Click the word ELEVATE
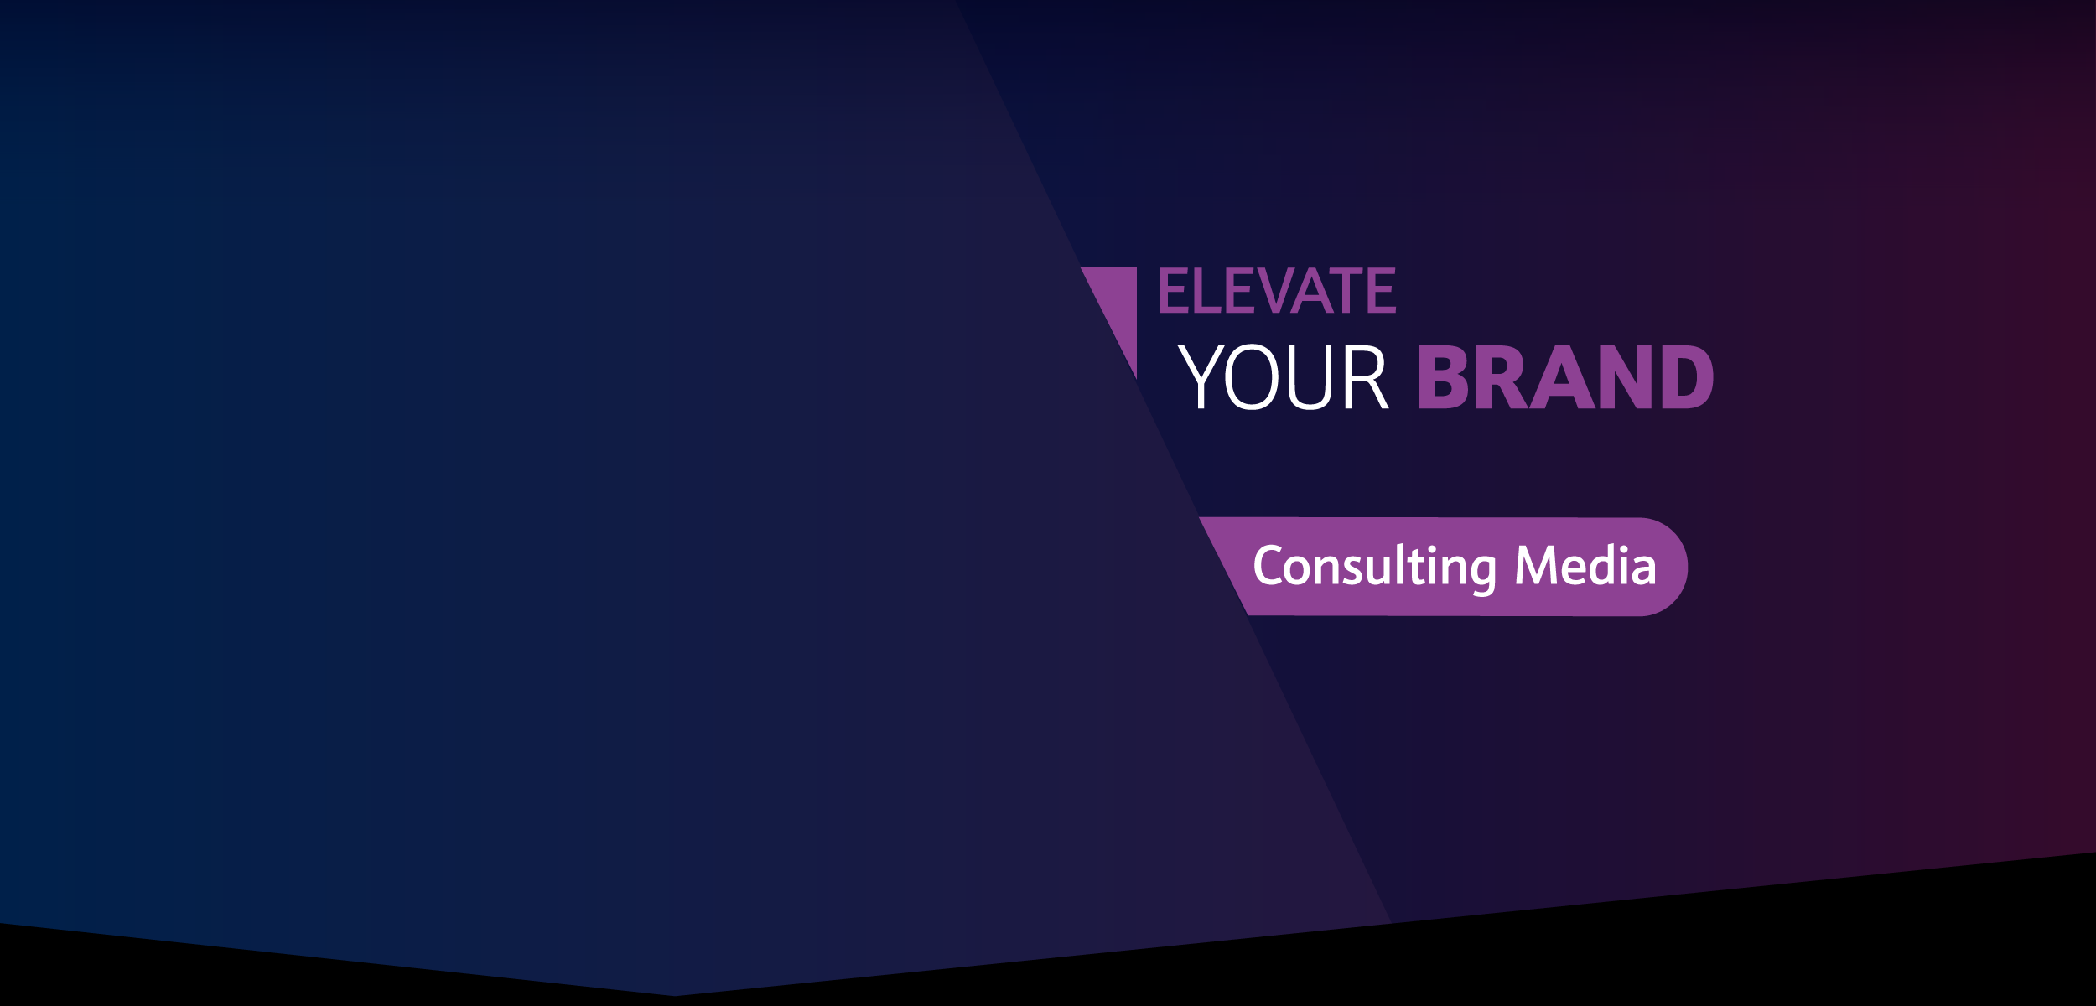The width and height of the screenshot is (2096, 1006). pyautogui.click(x=1278, y=290)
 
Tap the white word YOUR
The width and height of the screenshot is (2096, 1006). pyautogui.click(x=1284, y=376)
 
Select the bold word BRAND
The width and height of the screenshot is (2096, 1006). pyautogui.click(x=1565, y=376)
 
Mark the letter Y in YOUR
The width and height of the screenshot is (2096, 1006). pyautogui.click(x=1200, y=376)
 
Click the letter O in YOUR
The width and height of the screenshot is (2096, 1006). pyautogui.click(x=1253, y=376)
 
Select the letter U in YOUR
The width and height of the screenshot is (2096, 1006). pyautogui.click(x=1310, y=376)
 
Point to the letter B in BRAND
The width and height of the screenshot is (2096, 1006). pyautogui.click(x=1443, y=376)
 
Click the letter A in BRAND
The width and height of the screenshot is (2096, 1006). pyautogui.click(x=1562, y=376)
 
